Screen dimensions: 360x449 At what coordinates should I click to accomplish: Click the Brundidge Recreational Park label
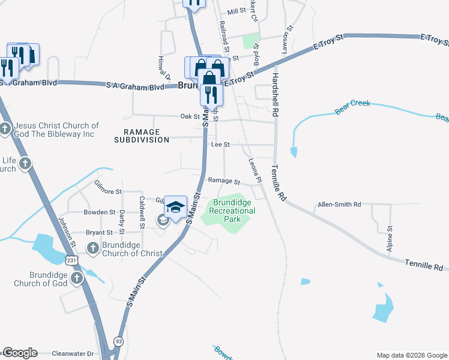(x=232, y=211)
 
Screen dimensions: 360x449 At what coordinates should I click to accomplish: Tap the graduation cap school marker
(x=175, y=207)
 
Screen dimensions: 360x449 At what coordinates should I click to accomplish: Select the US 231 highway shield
(x=71, y=261)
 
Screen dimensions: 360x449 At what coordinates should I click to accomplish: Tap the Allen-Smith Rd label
(x=339, y=205)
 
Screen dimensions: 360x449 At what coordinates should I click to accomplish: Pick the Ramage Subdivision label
(x=142, y=136)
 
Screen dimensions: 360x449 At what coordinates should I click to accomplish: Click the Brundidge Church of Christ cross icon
(x=92, y=247)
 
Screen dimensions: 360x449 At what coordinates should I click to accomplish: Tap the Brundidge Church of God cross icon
(x=76, y=278)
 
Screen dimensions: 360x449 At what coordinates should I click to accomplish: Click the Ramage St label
(x=224, y=181)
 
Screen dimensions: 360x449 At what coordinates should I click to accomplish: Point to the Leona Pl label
(x=255, y=170)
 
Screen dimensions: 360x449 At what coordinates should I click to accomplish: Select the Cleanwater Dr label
(x=73, y=354)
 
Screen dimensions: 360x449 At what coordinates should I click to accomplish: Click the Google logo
(x=19, y=353)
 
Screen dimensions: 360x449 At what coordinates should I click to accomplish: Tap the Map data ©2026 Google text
(x=411, y=355)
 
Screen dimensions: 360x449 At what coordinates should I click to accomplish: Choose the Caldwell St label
(x=142, y=212)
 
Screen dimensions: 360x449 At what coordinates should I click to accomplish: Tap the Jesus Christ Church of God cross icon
(x=5, y=128)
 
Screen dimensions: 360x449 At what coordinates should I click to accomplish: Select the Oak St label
(x=190, y=116)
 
